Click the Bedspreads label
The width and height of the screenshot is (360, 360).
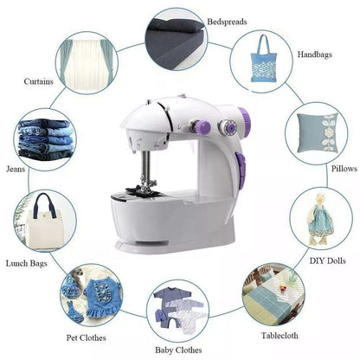(x=227, y=22)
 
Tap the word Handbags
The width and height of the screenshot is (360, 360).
(x=315, y=55)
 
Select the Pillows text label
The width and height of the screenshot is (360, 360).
(x=344, y=169)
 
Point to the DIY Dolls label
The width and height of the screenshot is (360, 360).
(x=327, y=260)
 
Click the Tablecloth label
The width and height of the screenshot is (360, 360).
(x=280, y=336)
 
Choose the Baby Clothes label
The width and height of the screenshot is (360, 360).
(x=178, y=350)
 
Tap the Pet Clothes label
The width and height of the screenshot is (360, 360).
(x=86, y=337)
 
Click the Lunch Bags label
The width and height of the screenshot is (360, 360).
(x=26, y=263)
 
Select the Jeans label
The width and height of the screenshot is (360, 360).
(x=16, y=169)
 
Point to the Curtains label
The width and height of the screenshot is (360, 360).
(x=38, y=81)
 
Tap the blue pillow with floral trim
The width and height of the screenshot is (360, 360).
(x=317, y=132)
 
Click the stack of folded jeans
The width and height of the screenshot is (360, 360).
(x=45, y=139)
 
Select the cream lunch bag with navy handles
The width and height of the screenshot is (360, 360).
(x=45, y=223)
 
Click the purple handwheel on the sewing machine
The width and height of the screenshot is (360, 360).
(x=244, y=119)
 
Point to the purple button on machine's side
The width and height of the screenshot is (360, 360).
(x=241, y=170)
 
